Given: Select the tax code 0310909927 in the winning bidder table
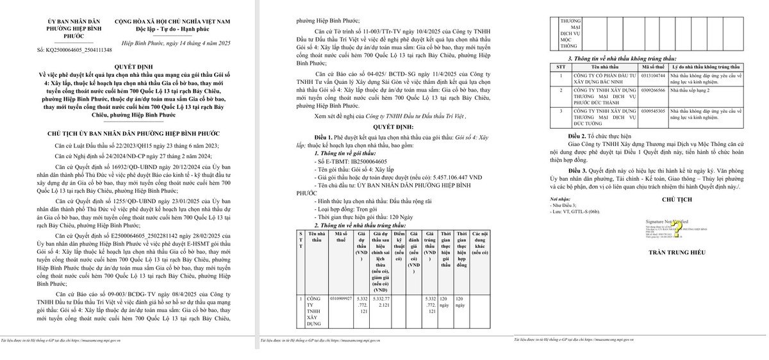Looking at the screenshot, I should (340, 299).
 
